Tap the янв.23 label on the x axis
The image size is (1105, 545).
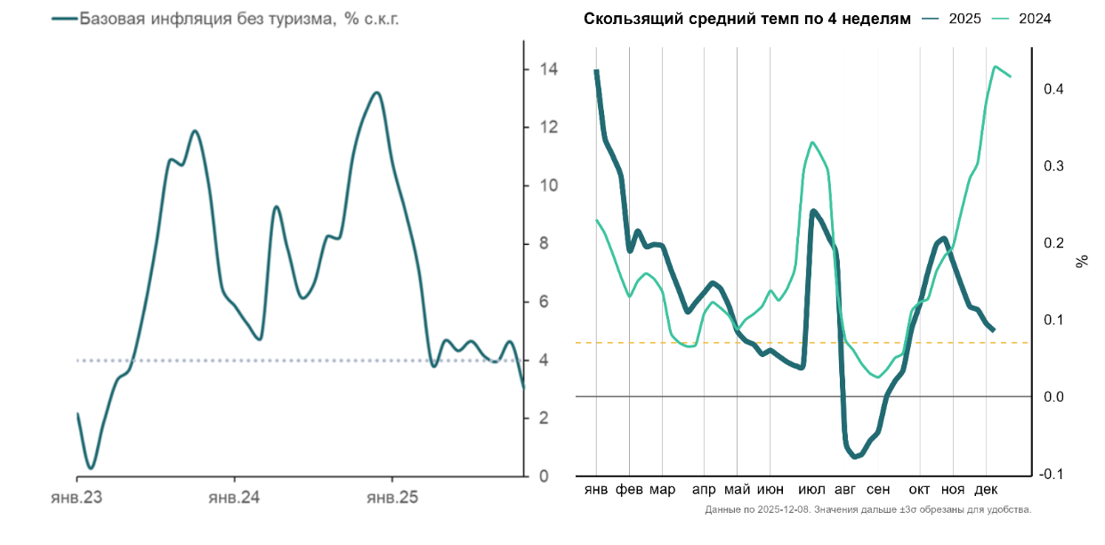[x=77, y=498]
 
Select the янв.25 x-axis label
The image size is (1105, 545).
[x=392, y=498]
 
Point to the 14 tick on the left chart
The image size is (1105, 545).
[x=549, y=69]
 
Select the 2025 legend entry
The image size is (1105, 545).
[x=964, y=19]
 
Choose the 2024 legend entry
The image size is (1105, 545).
[x=1035, y=19]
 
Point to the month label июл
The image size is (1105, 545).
[x=811, y=490]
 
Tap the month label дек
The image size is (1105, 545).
[x=986, y=490]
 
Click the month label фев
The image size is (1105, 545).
[x=630, y=490]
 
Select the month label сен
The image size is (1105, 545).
[x=878, y=490]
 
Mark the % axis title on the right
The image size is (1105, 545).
[x=1083, y=261]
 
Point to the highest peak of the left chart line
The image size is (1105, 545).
[x=376, y=93]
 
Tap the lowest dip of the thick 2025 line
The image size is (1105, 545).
[x=855, y=457]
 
